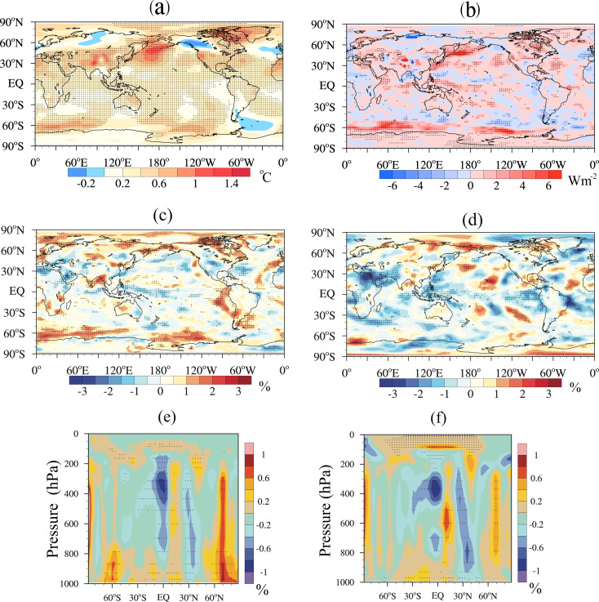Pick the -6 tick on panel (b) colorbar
tap(388, 187)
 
